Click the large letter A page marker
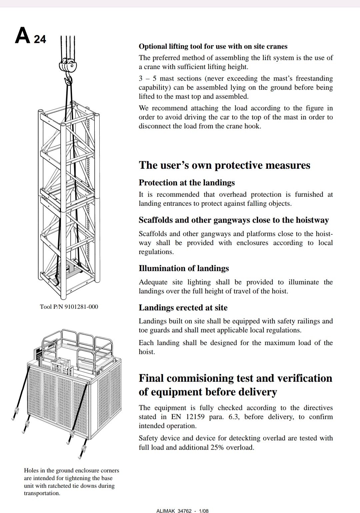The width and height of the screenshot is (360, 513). click(23, 35)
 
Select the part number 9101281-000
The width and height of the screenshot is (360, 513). click(81, 307)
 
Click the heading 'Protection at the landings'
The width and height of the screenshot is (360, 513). click(187, 183)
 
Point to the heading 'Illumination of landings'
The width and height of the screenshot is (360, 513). click(184, 268)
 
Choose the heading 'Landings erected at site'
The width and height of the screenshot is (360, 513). click(183, 308)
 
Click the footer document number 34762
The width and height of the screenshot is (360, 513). click(185, 511)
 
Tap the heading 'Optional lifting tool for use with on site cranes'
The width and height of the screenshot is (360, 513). click(213, 46)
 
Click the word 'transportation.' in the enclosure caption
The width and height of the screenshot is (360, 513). click(42, 493)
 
